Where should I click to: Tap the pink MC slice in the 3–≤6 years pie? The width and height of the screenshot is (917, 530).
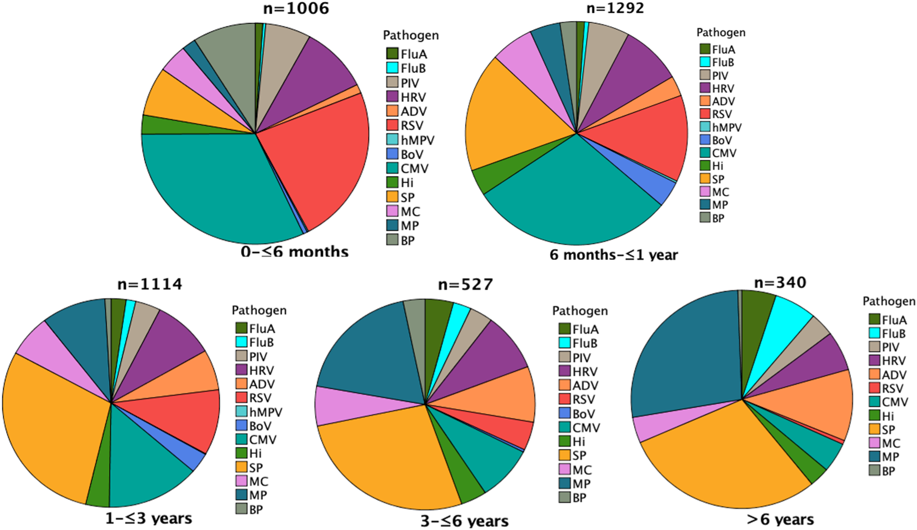pos(346,406)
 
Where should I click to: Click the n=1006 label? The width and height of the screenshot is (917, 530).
pos(296,9)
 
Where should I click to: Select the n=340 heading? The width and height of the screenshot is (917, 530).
pos(780,283)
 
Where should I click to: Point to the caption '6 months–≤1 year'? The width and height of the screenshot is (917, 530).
pos(613,255)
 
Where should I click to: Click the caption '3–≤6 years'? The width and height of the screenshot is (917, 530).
pos(465,521)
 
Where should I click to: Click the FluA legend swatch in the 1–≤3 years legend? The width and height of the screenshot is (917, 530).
pos(242,328)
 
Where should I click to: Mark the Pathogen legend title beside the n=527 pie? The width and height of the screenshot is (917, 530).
pos(579,311)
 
